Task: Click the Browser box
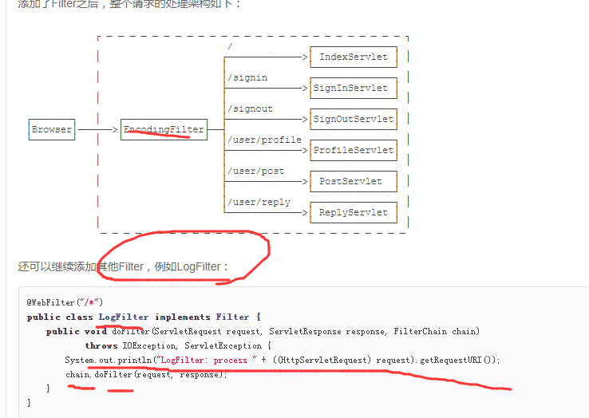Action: (x=52, y=129)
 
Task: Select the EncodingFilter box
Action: (x=164, y=129)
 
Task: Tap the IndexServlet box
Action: (x=353, y=57)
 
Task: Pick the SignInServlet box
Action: (x=353, y=89)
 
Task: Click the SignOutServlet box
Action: (x=353, y=120)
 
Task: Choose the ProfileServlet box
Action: (x=353, y=150)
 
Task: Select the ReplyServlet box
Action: (x=353, y=212)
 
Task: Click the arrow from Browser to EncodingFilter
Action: (x=97, y=129)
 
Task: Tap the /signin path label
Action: (x=247, y=78)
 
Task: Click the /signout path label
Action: (x=250, y=108)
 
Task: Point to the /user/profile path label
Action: (x=264, y=140)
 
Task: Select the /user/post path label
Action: (x=255, y=171)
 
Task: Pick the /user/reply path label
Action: (x=259, y=202)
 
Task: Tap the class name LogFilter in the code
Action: (x=124, y=317)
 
